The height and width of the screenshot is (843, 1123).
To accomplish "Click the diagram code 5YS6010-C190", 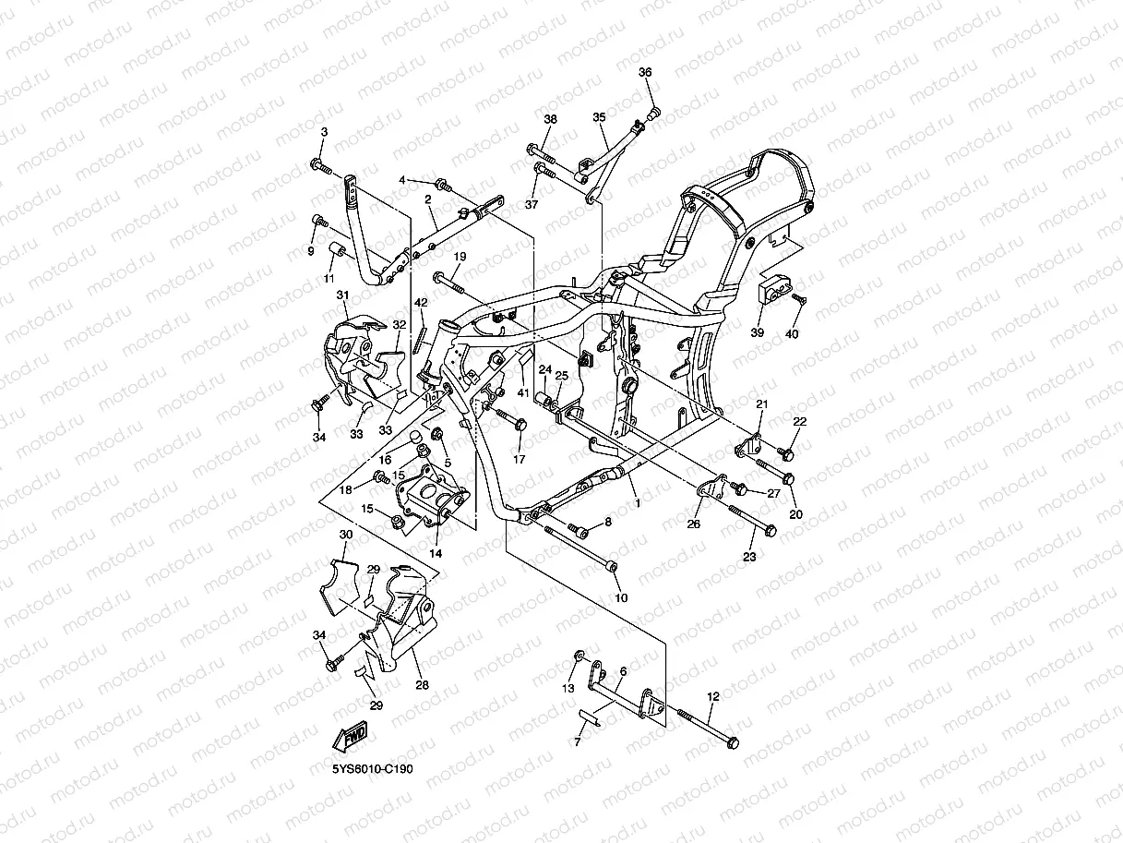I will (x=373, y=768).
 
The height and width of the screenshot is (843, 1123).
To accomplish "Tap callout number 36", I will (x=645, y=73).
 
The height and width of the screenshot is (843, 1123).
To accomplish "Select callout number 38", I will (x=551, y=119).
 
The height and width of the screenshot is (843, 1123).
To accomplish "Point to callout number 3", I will (x=324, y=133).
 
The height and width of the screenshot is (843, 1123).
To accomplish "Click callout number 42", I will (x=420, y=303).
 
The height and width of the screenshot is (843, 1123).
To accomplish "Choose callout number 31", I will (x=342, y=295).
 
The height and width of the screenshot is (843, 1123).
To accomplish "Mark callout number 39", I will (x=757, y=333).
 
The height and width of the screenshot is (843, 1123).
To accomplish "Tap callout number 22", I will (x=799, y=422).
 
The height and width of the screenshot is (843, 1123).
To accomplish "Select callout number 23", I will (x=749, y=557).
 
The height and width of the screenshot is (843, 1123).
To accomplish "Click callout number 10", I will (x=621, y=597).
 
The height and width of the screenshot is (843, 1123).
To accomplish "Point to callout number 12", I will (x=712, y=699).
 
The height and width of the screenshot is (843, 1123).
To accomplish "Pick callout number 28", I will (x=422, y=685).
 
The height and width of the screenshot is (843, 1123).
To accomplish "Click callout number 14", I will (x=436, y=553).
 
